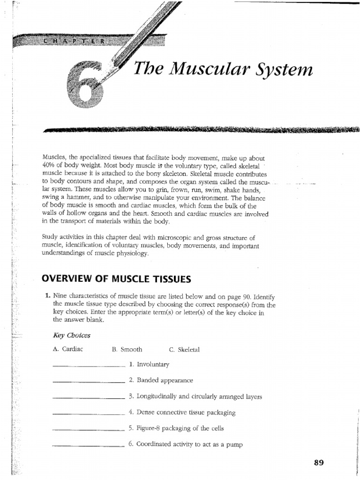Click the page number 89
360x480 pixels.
pos(319,463)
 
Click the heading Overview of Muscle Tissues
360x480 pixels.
pos(116,279)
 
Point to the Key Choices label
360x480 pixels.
pos(71,336)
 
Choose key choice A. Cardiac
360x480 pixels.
pos(68,350)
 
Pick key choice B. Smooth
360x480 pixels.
pos(127,350)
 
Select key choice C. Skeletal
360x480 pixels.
pos(184,350)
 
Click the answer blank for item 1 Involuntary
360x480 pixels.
pos(89,366)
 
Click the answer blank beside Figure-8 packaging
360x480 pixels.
pos(89,430)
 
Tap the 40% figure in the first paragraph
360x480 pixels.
pos(48,166)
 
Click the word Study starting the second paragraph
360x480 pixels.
pos(50,238)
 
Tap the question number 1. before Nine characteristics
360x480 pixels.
pos(48,297)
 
